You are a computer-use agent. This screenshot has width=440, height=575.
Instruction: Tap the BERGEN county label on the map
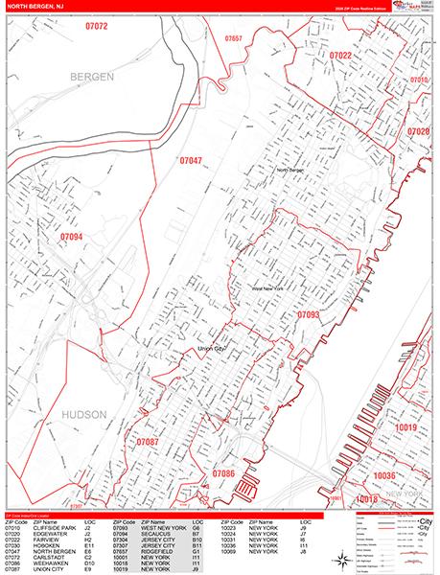pyautogui.click(x=90, y=76)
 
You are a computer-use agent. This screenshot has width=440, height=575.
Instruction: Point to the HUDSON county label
pyautogui.click(x=92, y=414)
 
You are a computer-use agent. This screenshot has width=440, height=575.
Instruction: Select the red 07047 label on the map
pyautogui.click(x=191, y=161)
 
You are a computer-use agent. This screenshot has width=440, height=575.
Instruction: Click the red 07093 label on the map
pyautogui.click(x=308, y=313)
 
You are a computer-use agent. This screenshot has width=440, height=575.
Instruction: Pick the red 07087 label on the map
pyautogui.click(x=148, y=442)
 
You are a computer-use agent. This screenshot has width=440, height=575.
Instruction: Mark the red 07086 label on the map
pyautogui.click(x=222, y=473)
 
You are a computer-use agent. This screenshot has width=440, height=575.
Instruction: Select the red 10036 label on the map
pyautogui.click(x=384, y=475)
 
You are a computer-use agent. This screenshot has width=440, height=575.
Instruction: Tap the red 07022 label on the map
pyautogui.click(x=340, y=57)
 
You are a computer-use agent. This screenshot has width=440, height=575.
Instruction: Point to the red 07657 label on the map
pyautogui.click(x=234, y=38)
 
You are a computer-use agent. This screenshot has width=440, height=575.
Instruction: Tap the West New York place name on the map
pyautogui.click(x=269, y=287)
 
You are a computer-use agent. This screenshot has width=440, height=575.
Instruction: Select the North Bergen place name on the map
pyautogui.click(x=294, y=171)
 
